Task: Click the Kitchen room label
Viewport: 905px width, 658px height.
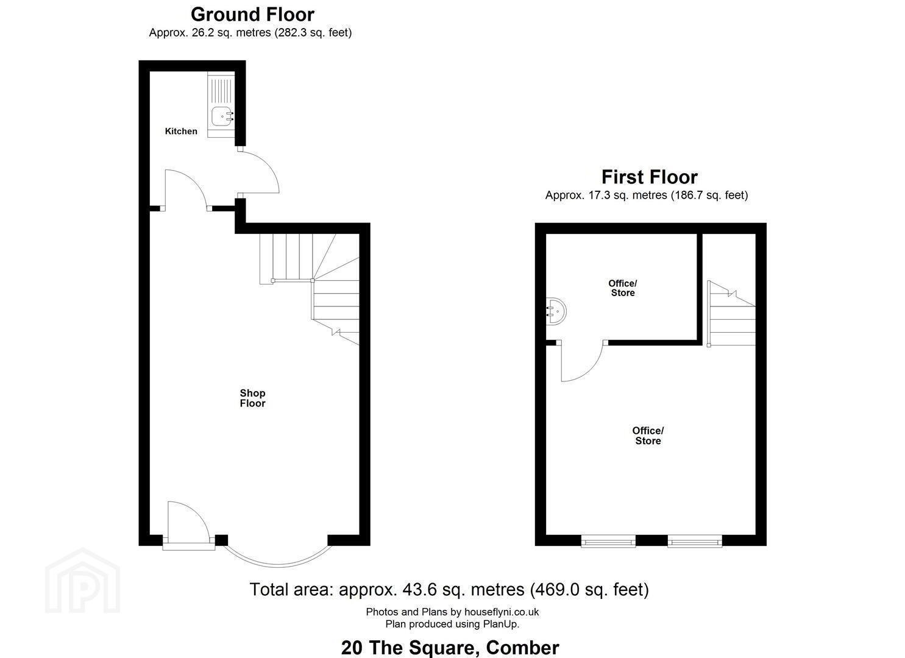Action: click(x=181, y=131)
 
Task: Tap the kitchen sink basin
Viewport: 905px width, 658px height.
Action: click(x=222, y=116)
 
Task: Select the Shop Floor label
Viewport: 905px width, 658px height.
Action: click(x=252, y=398)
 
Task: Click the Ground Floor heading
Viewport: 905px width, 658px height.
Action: click(x=252, y=15)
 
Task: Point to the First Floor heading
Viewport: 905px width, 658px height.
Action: click(x=650, y=177)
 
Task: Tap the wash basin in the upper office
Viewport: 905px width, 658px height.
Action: click(x=556, y=311)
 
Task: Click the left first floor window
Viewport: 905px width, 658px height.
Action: click(x=608, y=541)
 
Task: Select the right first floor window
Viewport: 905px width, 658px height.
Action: click(x=695, y=541)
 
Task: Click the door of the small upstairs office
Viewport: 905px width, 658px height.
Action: click(x=582, y=361)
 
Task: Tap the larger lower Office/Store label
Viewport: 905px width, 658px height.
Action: click(x=648, y=436)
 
